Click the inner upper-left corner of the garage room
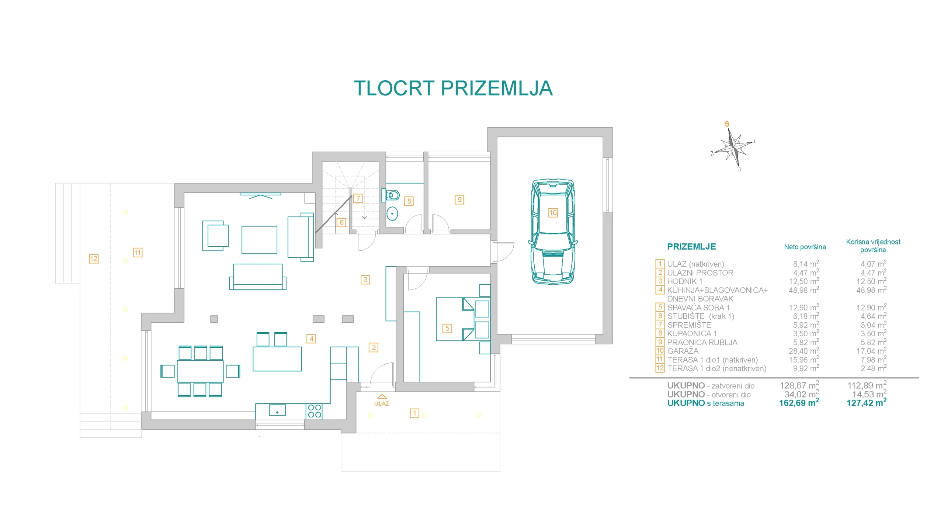coord(497,137)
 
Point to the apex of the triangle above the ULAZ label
coord(382,395)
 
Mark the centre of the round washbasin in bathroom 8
coord(392,214)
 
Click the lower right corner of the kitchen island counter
coord(301,371)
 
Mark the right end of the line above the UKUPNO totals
coord(919,378)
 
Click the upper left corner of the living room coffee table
coord(242,226)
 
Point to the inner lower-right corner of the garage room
coord(603,334)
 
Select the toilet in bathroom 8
coord(392,195)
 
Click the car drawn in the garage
coord(553,232)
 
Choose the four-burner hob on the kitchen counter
coord(314,411)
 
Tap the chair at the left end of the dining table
coord(167,371)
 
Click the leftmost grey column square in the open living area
coord(214,319)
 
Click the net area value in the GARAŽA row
coord(804,351)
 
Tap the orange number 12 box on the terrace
coord(94,258)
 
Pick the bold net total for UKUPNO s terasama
coord(799,403)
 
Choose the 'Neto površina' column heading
coord(805,247)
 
